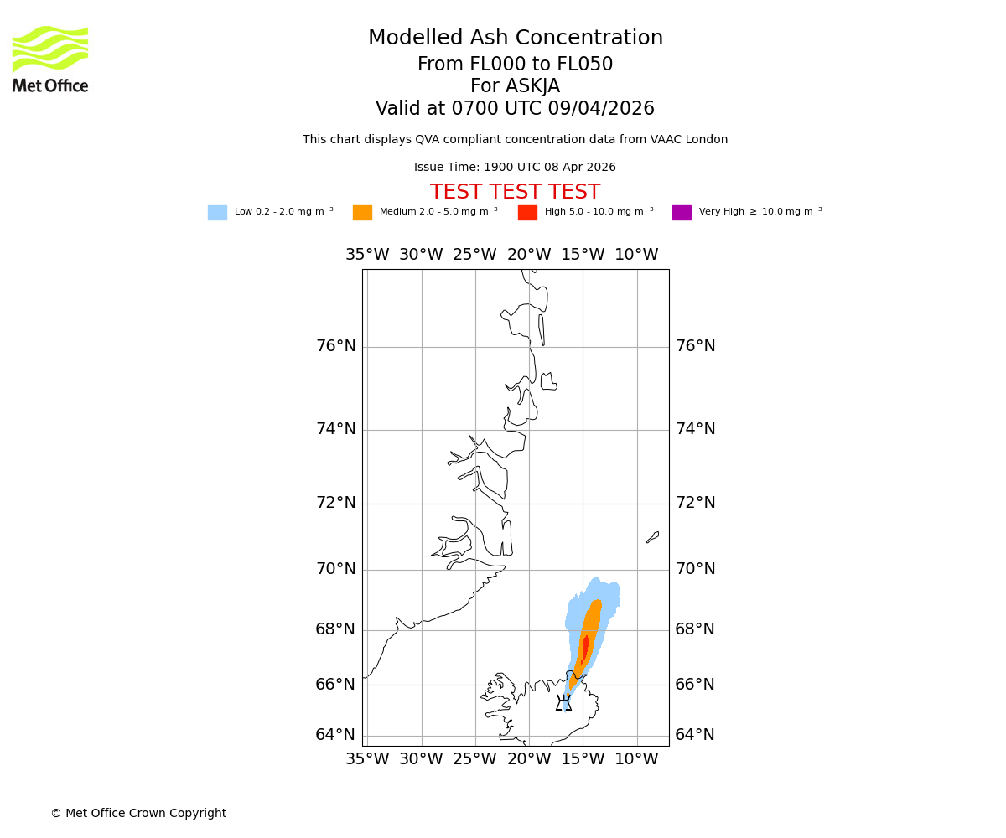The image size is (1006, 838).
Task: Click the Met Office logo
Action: point(50,59)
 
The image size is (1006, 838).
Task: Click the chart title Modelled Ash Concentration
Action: point(515,39)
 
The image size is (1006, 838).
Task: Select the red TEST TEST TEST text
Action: point(515,193)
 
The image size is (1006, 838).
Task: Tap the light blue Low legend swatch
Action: point(217,213)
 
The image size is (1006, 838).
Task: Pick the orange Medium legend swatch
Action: point(362,213)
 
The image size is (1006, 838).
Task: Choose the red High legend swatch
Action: point(527,213)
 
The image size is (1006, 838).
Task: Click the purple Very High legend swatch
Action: point(682,213)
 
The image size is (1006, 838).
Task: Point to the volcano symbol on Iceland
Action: point(563,704)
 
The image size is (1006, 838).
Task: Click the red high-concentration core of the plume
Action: point(585,647)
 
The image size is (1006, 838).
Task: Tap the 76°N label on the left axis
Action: point(335,346)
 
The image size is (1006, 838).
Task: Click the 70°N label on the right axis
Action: point(695,569)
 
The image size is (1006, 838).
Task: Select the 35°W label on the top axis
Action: point(367,255)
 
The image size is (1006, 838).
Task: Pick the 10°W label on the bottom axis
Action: point(636,759)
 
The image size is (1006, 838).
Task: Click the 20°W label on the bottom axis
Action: point(529,759)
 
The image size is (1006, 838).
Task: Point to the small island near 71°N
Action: point(652,537)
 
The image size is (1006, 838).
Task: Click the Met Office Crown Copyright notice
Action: point(138,814)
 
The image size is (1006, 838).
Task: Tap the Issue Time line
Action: point(515,168)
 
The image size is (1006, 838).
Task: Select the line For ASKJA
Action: point(515,86)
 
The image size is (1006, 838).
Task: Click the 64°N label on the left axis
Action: point(335,735)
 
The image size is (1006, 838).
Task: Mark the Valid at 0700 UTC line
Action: point(515,109)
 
